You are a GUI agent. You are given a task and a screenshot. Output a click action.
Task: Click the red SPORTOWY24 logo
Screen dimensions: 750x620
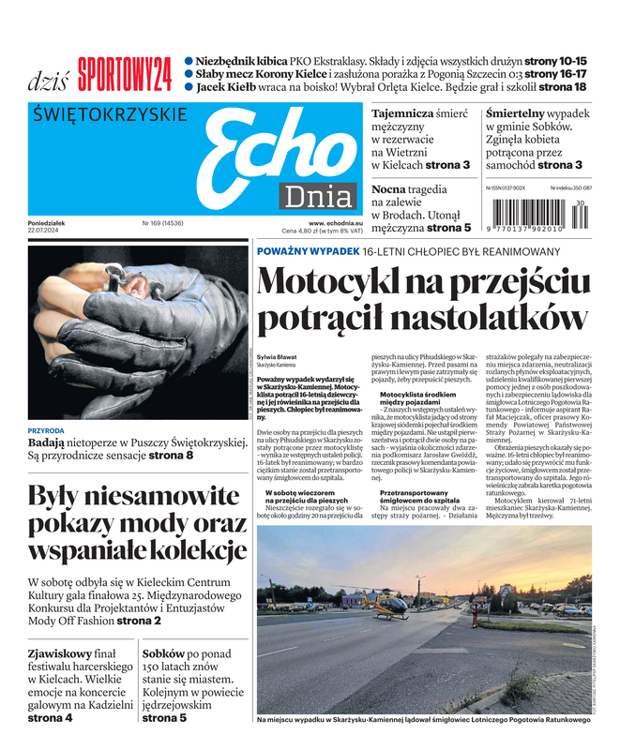click(125, 74)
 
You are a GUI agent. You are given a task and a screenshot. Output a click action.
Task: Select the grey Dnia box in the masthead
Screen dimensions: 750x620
click(319, 197)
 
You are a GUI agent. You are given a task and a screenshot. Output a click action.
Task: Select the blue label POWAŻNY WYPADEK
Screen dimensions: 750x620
click(308, 251)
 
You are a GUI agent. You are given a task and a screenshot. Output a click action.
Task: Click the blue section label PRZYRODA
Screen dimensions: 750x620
click(46, 430)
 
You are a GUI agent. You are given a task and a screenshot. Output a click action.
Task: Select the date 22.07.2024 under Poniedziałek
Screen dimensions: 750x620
click(48, 232)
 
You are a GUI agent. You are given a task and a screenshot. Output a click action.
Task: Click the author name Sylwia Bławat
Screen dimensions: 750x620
click(276, 358)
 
